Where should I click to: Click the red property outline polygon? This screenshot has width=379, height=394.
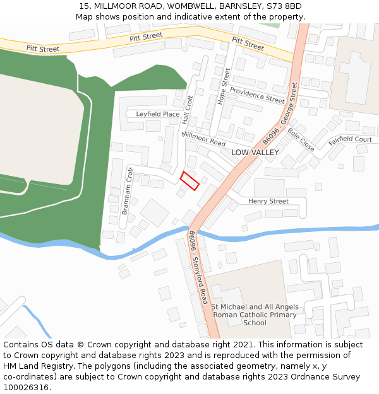point(189,181)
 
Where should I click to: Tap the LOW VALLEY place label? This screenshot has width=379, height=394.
point(255,153)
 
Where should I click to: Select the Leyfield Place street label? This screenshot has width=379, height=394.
point(158,114)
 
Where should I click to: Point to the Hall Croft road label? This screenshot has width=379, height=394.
point(187,109)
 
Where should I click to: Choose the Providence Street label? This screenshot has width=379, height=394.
point(257,95)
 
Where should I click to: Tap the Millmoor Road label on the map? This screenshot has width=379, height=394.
point(203,139)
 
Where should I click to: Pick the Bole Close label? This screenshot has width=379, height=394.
point(301,139)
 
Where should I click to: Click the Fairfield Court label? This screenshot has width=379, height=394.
point(350,139)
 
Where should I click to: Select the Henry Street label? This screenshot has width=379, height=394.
point(268,201)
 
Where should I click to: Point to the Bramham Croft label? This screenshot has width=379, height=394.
point(126,190)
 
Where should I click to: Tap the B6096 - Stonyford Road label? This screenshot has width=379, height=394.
point(198,267)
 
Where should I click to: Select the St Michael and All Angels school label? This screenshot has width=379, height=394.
point(255,315)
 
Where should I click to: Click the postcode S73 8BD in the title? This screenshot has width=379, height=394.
point(284,6)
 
